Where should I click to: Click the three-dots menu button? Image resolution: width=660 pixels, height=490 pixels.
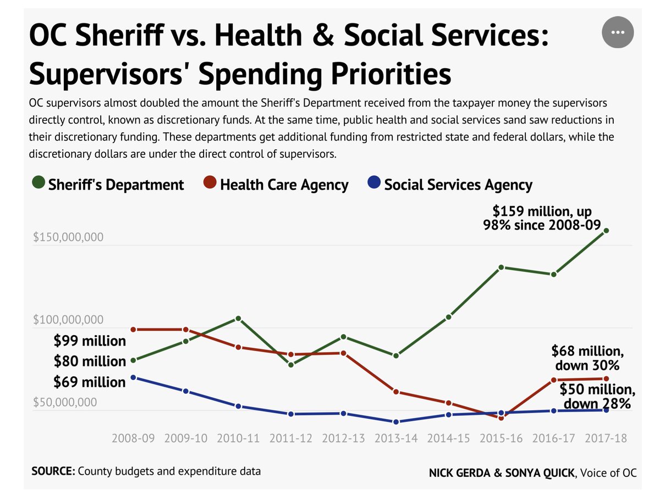tap(618, 32)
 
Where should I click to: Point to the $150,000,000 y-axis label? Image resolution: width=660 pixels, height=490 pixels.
tap(68, 237)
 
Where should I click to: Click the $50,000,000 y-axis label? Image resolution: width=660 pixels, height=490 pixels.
tap(64, 402)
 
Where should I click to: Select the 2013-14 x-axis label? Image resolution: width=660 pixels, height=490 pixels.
tap(395, 438)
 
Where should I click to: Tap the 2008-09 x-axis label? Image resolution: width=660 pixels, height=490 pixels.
tap(133, 438)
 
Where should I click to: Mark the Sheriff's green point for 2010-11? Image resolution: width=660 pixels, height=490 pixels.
tap(238, 319)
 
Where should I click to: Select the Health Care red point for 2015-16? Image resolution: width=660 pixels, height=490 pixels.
tap(501, 418)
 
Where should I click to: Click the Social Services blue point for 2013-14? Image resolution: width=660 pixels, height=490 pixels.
tap(396, 422)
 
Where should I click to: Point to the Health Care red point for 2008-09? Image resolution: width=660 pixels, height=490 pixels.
tap(133, 330)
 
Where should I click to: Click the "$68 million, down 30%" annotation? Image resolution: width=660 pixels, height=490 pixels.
tap(587, 358)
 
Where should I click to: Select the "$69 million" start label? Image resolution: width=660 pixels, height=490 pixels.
tap(90, 382)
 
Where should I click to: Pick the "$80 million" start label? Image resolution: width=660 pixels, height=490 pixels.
tap(90, 361)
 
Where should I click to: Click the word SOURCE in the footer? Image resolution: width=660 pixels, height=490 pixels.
tap(53, 471)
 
